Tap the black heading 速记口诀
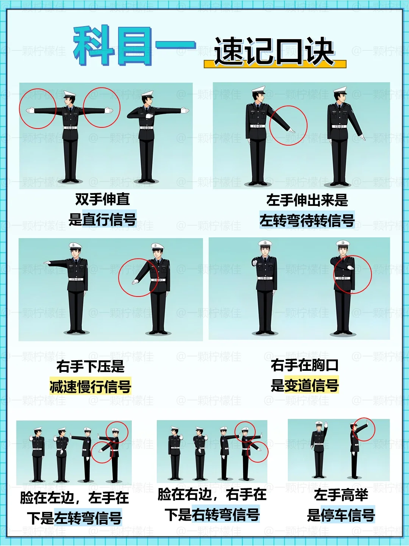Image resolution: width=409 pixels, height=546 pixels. click(x=274, y=52)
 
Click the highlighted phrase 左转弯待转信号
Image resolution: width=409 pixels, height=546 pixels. click(x=307, y=220)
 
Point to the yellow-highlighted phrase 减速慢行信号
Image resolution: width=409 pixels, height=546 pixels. click(x=90, y=386)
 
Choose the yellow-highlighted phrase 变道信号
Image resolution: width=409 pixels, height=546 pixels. click(x=311, y=385)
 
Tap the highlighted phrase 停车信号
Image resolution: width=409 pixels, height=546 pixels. click(x=348, y=515)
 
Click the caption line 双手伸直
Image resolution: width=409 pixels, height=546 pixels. click(x=102, y=199)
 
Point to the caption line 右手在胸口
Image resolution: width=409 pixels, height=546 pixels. click(x=304, y=365)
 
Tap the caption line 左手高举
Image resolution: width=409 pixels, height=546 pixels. click(x=341, y=494)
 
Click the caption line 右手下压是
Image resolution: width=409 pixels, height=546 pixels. click(x=91, y=366)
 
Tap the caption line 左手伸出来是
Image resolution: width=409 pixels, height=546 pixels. click(x=307, y=200)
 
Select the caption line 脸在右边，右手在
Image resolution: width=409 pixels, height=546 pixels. click(x=212, y=494)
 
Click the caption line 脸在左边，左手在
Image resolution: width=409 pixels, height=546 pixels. click(x=75, y=497)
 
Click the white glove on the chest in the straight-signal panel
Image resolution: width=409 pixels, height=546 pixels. click(x=150, y=116)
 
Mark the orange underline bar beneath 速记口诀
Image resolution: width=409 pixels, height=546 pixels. click(x=275, y=64)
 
